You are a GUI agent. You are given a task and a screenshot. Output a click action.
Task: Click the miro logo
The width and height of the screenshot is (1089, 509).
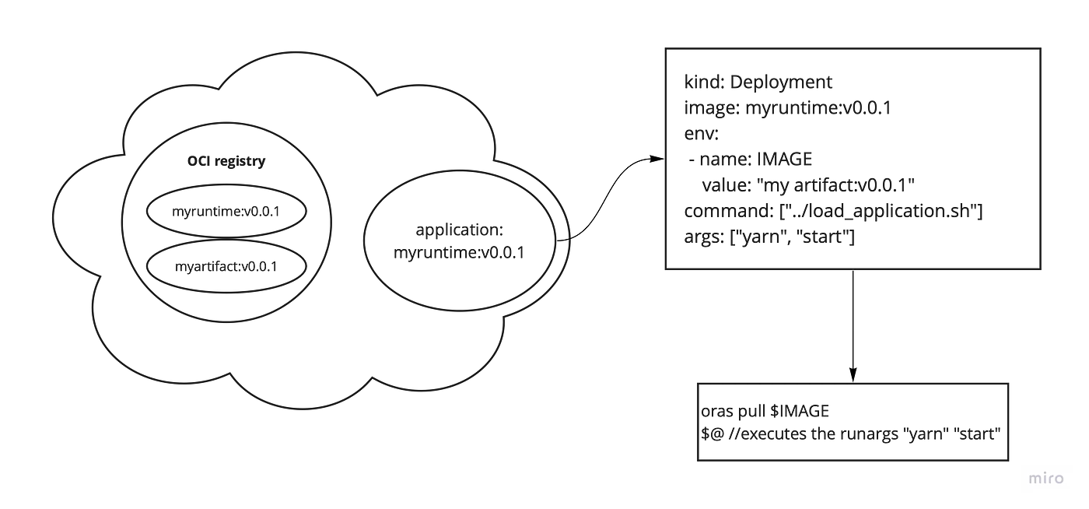click(x=1048, y=479)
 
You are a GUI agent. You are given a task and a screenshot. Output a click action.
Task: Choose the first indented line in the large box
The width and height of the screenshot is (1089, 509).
click(x=751, y=160)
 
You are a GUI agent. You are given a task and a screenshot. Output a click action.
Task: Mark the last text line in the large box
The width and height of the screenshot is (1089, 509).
click(x=770, y=237)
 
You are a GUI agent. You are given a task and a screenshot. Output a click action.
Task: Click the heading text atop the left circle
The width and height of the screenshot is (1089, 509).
click(x=226, y=163)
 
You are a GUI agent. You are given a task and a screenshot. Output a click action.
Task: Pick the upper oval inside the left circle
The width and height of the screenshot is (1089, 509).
click(x=224, y=209)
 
